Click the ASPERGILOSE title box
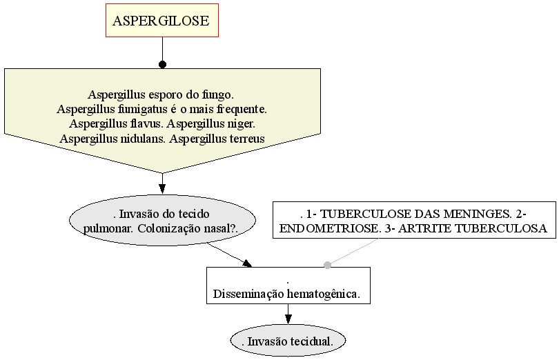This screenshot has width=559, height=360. pos(162,20)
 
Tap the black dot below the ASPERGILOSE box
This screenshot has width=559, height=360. pos(163,65)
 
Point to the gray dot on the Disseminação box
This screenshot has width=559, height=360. pos(327,265)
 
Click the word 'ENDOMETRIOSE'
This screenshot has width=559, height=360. pos(330,228)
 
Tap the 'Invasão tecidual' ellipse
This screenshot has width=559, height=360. pos(288,341)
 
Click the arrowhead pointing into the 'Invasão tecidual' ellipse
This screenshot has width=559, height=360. pos(288,319)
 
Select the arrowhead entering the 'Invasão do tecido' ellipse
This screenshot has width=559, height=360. pos(163,189)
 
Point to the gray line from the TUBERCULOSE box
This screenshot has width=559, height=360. pos(353,252)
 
